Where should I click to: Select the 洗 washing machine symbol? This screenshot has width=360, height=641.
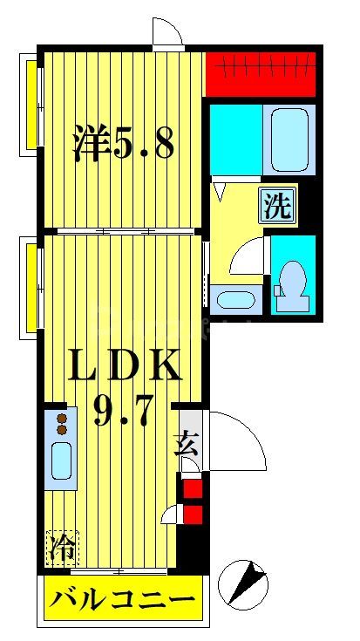point(277,206)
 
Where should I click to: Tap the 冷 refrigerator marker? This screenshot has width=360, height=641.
point(62,549)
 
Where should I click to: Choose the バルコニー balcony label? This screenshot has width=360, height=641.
point(121,601)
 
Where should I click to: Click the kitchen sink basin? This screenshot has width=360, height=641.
point(62,460)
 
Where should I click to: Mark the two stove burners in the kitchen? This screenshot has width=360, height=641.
point(62,424)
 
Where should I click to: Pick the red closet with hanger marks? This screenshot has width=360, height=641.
point(261,74)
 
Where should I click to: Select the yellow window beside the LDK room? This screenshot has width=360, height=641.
point(31,288)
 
